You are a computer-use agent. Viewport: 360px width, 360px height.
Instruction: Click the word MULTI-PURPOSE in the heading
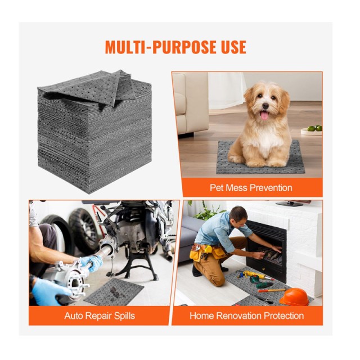point(158,47)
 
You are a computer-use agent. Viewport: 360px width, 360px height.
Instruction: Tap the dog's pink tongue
point(264,115)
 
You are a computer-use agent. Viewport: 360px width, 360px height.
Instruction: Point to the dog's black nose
point(265,106)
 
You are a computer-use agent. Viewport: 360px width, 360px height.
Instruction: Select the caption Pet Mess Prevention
point(251,188)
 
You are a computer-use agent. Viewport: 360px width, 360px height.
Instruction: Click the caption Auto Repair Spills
point(100,316)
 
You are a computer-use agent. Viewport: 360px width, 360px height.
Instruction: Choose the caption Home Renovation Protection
point(246,316)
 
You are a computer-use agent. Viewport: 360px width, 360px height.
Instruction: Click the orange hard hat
point(294,297)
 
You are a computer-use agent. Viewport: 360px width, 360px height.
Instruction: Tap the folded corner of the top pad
point(115,87)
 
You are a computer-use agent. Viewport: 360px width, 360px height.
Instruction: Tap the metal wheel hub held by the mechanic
point(74,278)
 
